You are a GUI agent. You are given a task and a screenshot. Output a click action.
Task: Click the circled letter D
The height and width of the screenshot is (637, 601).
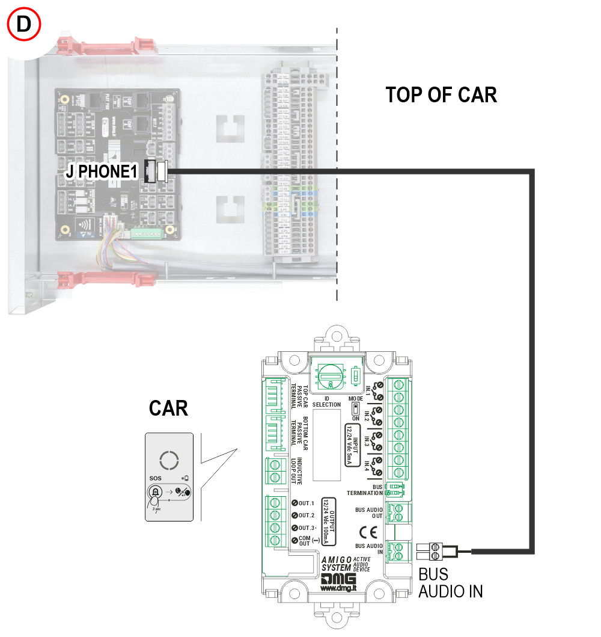[23, 25]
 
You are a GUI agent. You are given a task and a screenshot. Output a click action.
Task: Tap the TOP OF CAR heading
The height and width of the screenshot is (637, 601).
[441, 95]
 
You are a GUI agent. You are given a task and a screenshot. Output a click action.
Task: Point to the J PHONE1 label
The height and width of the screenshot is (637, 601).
[105, 172]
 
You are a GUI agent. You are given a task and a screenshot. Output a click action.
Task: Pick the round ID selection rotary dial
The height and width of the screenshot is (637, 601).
[331, 377]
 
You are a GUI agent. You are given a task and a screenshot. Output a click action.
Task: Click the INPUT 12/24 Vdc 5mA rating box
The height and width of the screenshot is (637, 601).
[351, 444]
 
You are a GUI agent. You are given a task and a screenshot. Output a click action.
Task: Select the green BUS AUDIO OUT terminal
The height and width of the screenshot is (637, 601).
[396, 511]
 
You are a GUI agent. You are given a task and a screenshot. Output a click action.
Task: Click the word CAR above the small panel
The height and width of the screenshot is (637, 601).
[168, 408]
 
